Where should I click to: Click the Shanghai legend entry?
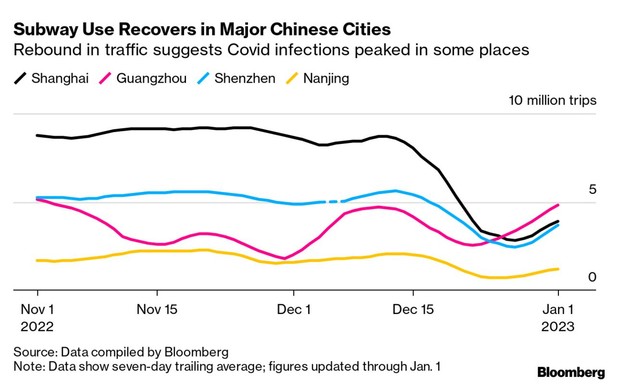click(51, 78)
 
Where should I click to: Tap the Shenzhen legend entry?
click(237, 78)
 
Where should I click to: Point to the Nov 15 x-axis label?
click(157, 309)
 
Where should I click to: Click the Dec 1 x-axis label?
click(294, 309)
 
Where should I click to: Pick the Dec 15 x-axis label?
click(413, 309)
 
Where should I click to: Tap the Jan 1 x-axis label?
click(558, 309)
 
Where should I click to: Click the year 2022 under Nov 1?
click(37, 326)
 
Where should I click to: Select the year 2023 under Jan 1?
click(558, 326)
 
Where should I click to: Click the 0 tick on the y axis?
click(592, 277)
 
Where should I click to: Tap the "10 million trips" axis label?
click(552, 101)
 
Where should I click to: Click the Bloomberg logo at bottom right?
click(571, 372)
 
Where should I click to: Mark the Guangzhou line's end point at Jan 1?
click(557, 205)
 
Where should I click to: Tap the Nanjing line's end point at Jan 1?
click(557, 269)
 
